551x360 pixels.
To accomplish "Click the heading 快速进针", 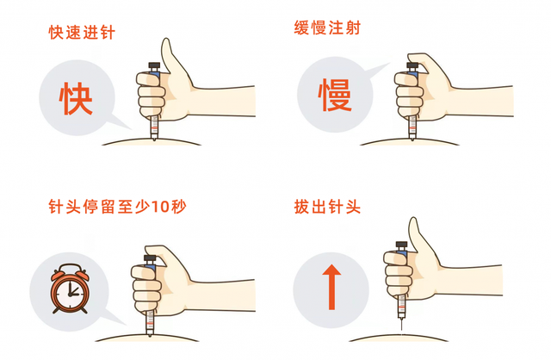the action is (x=82, y=33).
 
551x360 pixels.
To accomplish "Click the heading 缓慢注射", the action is (x=327, y=28).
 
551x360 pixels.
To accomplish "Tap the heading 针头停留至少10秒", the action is (x=117, y=207).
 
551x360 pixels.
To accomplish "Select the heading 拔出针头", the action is (x=327, y=207).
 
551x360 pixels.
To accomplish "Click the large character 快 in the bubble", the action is (x=76, y=98).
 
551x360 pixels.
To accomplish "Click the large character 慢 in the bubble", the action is (x=335, y=94).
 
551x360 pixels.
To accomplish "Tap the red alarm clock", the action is (x=70, y=289).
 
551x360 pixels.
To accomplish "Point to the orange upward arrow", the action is (x=331, y=287).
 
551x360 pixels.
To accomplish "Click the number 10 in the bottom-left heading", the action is (x=160, y=207).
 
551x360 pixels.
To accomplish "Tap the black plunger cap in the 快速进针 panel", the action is (x=154, y=66).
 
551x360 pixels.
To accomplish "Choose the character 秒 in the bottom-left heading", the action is (x=178, y=207).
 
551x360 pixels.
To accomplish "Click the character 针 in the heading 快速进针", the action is (x=108, y=33).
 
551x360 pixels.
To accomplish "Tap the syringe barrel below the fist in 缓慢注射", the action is (x=412, y=127).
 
